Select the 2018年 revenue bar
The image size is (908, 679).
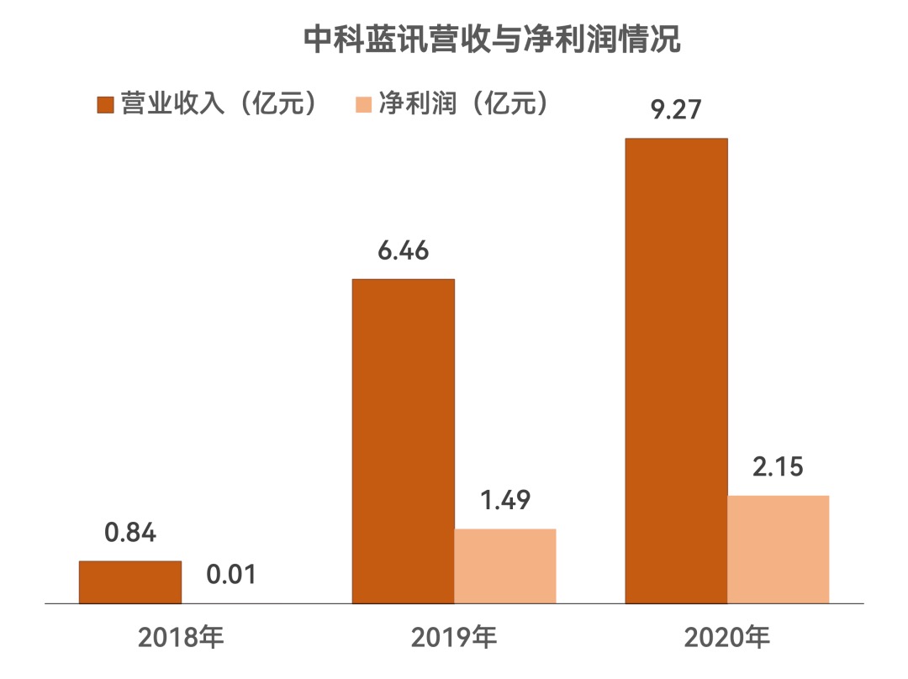[x=130, y=582]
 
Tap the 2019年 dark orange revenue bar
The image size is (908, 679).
[x=403, y=440]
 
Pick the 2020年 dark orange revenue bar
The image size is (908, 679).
[x=676, y=370]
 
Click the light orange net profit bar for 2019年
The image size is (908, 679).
[x=505, y=566]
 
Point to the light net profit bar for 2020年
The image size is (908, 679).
[x=779, y=549]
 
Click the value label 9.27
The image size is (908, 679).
[x=676, y=110]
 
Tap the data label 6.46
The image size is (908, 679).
[x=403, y=250]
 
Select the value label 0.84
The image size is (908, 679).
[x=130, y=533]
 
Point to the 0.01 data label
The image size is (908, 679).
[x=230, y=575]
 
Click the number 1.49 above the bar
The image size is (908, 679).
[x=505, y=501]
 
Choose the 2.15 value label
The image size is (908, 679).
[x=779, y=467]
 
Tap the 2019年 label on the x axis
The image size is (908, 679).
[x=454, y=639]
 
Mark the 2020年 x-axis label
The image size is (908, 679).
[x=726, y=639]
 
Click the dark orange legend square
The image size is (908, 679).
[x=105, y=104]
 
